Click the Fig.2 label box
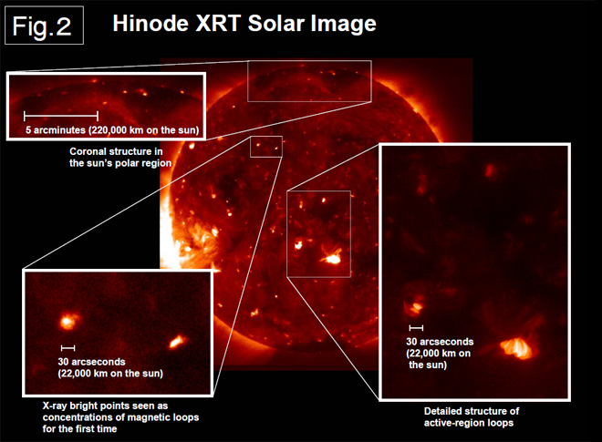point(44,26)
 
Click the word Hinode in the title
point(150,24)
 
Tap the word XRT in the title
point(218,24)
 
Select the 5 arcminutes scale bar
point(61,116)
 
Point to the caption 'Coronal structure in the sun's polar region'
point(120,158)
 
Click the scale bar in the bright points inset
point(68,348)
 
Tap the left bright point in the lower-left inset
point(68,321)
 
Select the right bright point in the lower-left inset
point(177,341)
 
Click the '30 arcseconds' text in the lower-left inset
point(91,362)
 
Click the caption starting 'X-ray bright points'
point(120,417)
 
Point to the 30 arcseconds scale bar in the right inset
point(416,328)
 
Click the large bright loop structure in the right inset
point(517,347)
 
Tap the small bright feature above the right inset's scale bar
point(415,307)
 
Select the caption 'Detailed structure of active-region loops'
point(472,417)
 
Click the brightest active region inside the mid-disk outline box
point(332,258)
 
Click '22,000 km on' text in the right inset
point(439,354)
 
